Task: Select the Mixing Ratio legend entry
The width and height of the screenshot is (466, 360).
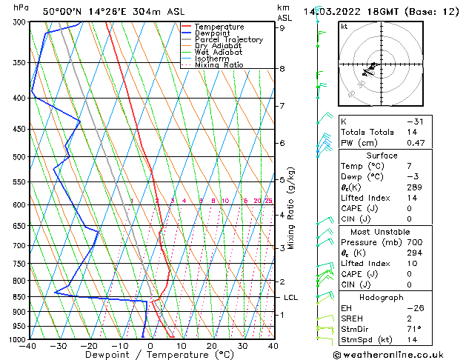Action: click(219, 65)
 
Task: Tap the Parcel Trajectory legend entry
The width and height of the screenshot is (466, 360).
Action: click(228, 40)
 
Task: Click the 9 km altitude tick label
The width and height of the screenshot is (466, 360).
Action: click(282, 28)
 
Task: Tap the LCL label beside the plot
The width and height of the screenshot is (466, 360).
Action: click(291, 297)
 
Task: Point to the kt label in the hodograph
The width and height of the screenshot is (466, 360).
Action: click(344, 26)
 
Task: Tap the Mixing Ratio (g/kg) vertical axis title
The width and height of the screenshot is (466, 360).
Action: click(291, 207)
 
